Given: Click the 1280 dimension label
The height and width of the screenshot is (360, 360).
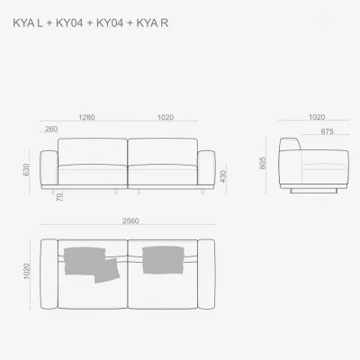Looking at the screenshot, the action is [x=86, y=117].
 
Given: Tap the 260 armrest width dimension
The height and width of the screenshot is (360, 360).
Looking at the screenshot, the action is [x=51, y=129].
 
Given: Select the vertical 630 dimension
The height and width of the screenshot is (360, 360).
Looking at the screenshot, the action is [x=26, y=170].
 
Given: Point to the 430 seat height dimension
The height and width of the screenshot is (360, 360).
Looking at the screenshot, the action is [x=223, y=176].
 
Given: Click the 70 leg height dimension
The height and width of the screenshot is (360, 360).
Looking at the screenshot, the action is [x=59, y=197].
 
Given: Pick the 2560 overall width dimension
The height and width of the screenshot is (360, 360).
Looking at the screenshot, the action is [x=130, y=220].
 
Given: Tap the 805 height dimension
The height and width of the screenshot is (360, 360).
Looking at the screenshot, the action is [x=263, y=163].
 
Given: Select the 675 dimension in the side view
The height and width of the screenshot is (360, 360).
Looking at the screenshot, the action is [x=327, y=131].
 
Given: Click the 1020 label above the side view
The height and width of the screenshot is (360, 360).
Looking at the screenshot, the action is [x=317, y=117].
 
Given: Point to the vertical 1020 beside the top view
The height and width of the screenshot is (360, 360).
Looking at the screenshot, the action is [x=27, y=271].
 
